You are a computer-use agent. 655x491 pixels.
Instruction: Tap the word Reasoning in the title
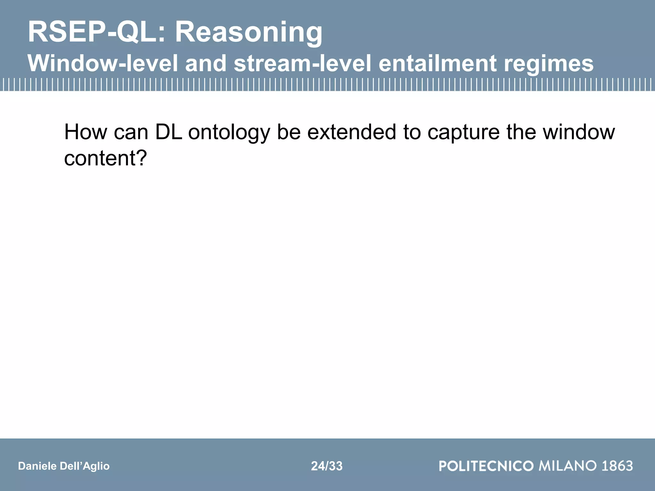(x=249, y=33)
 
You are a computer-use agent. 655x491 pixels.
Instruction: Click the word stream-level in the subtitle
(x=302, y=63)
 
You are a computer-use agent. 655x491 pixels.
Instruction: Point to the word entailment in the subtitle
(x=437, y=63)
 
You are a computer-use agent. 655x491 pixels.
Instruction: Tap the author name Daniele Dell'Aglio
(x=64, y=466)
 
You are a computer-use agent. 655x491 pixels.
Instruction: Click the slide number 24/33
(x=327, y=466)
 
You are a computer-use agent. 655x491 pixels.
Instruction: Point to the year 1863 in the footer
(x=617, y=466)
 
